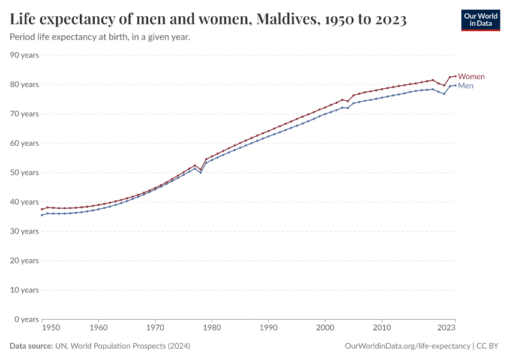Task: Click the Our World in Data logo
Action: [480, 20]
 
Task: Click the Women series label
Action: [471, 77]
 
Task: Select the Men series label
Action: [466, 86]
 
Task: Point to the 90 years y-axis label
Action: [25, 55]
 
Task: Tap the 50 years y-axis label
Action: [25, 173]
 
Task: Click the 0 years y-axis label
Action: [27, 319]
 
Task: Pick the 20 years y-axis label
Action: [25, 260]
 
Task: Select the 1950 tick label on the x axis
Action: [50, 328]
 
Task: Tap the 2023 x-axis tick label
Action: [446, 328]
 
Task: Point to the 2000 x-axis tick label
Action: [325, 328]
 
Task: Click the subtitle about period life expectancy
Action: [100, 37]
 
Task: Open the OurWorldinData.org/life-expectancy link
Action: [409, 346]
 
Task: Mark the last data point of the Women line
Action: [455, 76]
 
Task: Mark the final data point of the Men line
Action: [455, 85]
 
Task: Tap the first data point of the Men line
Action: [41, 215]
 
